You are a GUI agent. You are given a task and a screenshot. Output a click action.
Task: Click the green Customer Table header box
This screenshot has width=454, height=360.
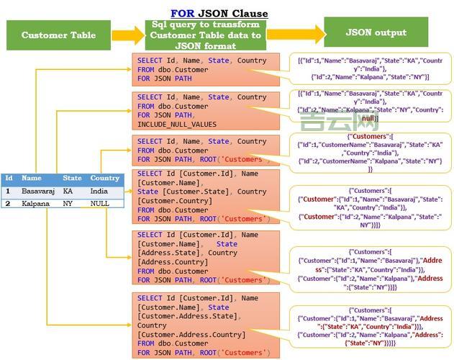click(x=58, y=35)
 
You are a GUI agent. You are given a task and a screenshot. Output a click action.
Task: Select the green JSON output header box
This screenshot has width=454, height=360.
click(x=376, y=32)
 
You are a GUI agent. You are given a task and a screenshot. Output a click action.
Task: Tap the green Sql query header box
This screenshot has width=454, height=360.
click(x=206, y=35)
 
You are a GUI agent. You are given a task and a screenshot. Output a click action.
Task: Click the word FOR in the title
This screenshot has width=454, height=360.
click(x=182, y=14)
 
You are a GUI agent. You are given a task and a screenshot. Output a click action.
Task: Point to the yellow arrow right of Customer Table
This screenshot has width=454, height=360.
click(x=127, y=35)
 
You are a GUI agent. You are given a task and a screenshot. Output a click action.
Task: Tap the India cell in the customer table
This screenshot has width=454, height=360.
click(x=99, y=192)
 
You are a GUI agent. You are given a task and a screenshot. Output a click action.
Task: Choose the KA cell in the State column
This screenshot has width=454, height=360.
click(x=68, y=192)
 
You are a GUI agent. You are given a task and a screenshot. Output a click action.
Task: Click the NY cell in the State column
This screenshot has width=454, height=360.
click(x=68, y=204)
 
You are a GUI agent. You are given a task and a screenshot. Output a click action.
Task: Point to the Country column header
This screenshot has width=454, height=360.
click(x=105, y=178)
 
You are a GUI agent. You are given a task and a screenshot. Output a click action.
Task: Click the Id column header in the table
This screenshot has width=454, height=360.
click(x=9, y=178)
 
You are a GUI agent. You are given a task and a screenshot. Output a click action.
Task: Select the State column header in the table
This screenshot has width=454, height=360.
click(x=72, y=178)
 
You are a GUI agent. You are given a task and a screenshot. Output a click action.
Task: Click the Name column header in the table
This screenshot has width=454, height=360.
click(x=32, y=178)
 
